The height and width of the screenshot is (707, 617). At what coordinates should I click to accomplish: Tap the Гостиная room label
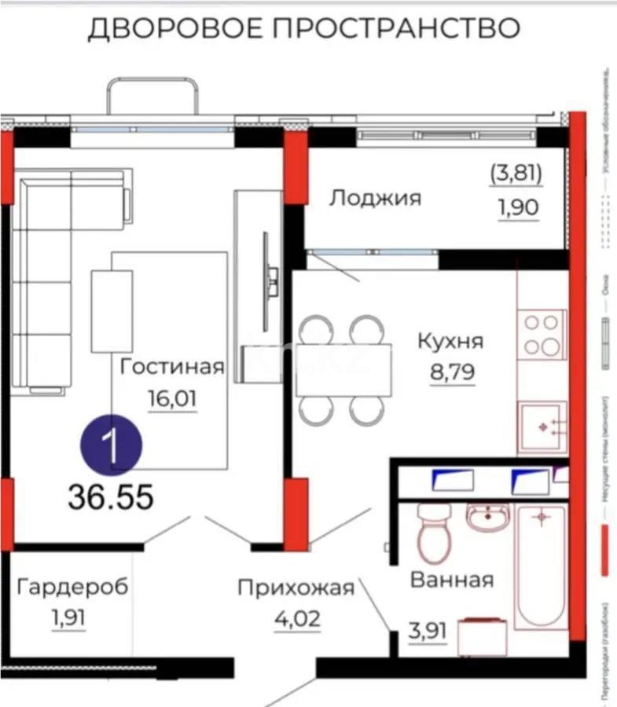pos(172,366)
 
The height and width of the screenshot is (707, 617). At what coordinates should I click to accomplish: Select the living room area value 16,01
pos(172,397)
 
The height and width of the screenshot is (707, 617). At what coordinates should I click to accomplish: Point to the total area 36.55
pos(110,496)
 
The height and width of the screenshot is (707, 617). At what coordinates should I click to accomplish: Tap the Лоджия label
pos(375,197)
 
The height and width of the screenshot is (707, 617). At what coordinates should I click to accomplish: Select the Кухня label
pos(450,342)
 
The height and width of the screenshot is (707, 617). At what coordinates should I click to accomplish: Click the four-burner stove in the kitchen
pos(542,334)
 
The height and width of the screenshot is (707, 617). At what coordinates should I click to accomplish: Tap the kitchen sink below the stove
pos(542,427)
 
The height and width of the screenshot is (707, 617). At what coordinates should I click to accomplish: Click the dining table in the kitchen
pos(343,370)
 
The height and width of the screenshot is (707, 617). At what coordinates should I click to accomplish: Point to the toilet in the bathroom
pos(432,534)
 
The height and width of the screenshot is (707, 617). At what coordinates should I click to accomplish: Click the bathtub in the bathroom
pos(540,566)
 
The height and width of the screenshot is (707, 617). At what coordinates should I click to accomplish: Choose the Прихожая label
pos(296,587)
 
